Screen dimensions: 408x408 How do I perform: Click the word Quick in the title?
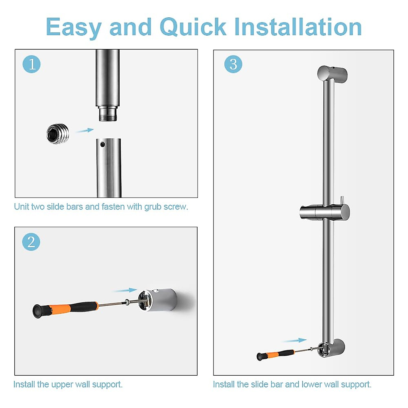193,27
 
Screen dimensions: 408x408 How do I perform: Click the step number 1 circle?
32,64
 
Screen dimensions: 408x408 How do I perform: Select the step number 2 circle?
31,242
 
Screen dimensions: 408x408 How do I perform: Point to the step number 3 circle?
233,64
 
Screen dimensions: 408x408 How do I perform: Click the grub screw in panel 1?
58,134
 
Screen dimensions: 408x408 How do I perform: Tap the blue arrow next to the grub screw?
84,130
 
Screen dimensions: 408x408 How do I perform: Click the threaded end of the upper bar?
108,114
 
